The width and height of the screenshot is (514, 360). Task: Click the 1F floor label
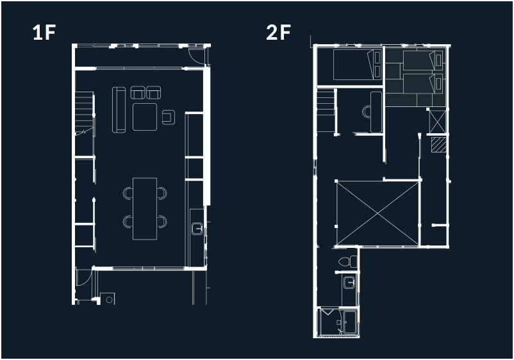pyautogui.click(x=44, y=33)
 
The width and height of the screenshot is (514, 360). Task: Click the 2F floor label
pyautogui.click(x=278, y=33)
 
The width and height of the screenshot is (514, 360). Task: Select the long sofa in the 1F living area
pyautogui.click(x=119, y=110)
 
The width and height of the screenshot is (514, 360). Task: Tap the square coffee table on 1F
pyautogui.click(x=145, y=117)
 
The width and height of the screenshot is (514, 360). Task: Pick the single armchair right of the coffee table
pyautogui.click(x=169, y=117)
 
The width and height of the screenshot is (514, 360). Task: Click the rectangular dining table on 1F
pyautogui.click(x=145, y=209)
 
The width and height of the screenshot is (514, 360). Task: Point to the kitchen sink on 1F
pyautogui.click(x=197, y=228)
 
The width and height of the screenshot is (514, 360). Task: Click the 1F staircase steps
pyautogui.click(x=85, y=111)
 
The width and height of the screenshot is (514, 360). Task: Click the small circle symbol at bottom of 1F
pyautogui.click(x=109, y=299)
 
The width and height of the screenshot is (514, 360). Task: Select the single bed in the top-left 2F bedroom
pyautogui.click(x=358, y=65)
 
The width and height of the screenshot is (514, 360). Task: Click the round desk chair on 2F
pyautogui.click(x=366, y=111)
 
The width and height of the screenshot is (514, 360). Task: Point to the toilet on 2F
pyautogui.click(x=348, y=261)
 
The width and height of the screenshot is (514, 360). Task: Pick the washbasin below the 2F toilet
pyautogui.click(x=349, y=282)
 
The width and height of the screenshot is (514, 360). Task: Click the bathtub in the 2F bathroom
pyautogui.click(x=350, y=322)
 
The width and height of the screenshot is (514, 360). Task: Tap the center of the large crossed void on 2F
pyautogui.click(x=378, y=213)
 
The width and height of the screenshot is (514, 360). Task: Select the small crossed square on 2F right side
pyautogui.click(x=438, y=122)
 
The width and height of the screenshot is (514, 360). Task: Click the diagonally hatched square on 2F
pyautogui.click(x=438, y=145)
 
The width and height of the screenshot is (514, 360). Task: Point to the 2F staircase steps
pyautogui.click(x=326, y=111)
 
